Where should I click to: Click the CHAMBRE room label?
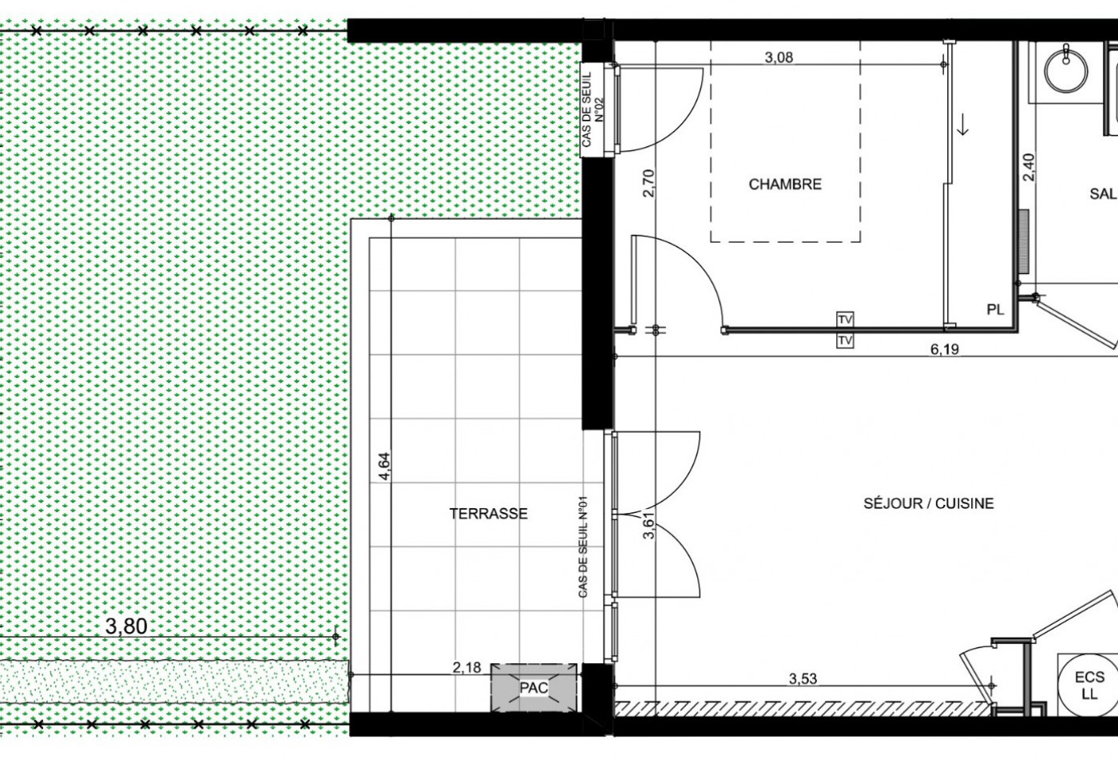point(785,185)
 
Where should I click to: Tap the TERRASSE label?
point(488,513)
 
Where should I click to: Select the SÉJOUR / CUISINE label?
point(929,503)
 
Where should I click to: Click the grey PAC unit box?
point(533,688)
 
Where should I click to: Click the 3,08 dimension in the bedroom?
point(779,58)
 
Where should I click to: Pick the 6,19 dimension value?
point(945,349)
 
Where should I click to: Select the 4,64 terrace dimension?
point(384,466)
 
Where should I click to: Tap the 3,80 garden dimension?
point(126,626)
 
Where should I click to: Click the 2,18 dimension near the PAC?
point(466,667)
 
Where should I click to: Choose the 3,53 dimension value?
point(803,678)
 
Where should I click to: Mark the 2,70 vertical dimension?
point(648,183)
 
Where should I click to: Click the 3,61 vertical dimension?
point(648,526)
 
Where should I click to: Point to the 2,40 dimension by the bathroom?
point(1029,167)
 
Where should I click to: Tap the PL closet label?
point(995,310)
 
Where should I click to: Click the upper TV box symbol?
point(845,319)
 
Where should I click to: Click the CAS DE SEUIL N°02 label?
point(593,109)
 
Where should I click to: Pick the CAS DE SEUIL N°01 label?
point(582,547)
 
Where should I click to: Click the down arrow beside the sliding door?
point(963,125)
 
